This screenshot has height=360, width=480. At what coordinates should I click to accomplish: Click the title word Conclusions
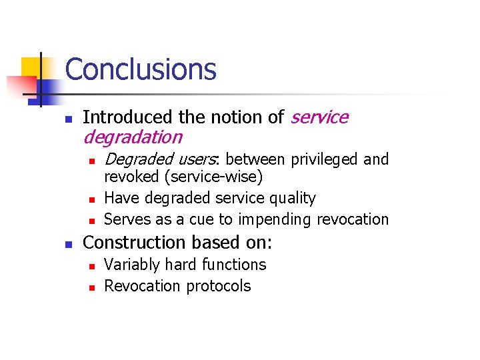pyautogui.click(x=141, y=69)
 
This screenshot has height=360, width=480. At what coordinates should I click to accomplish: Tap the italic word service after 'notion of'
pyautogui.click(x=319, y=117)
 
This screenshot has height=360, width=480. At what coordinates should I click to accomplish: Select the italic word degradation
pyautogui.click(x=132, y=137)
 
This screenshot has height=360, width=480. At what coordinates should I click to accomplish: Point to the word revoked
pyautogui.click(x=129, y=177)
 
